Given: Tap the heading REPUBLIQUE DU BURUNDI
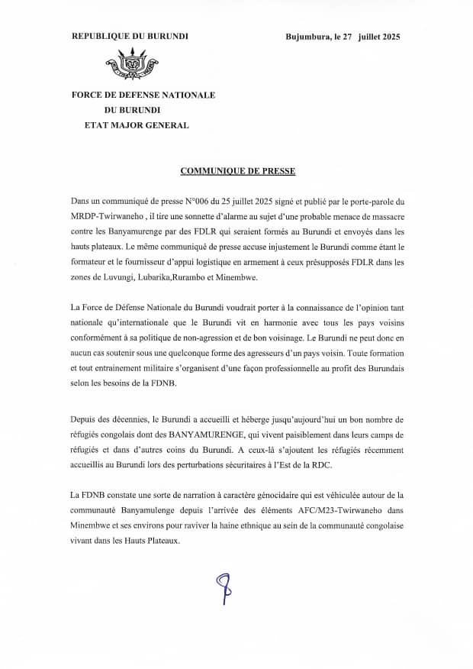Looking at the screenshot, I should point(130,36).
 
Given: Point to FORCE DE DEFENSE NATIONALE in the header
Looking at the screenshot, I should point(143,95).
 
